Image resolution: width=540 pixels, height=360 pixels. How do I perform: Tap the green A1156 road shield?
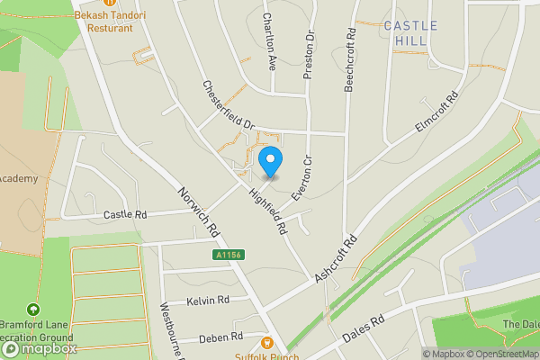[x=229, y=256]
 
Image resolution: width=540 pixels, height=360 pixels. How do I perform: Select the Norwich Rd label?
[x=199, y=212]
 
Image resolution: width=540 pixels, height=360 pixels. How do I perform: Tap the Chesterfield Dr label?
[x=229, y=105]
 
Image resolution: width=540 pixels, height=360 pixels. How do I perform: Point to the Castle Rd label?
[x=125, y=215]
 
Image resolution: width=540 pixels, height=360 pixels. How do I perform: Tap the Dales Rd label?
[x=363, y=330]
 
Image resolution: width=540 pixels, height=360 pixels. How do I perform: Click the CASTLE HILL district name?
[x=411, y=33]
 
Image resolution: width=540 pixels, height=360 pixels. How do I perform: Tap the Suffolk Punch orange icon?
[x=267, y=342]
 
